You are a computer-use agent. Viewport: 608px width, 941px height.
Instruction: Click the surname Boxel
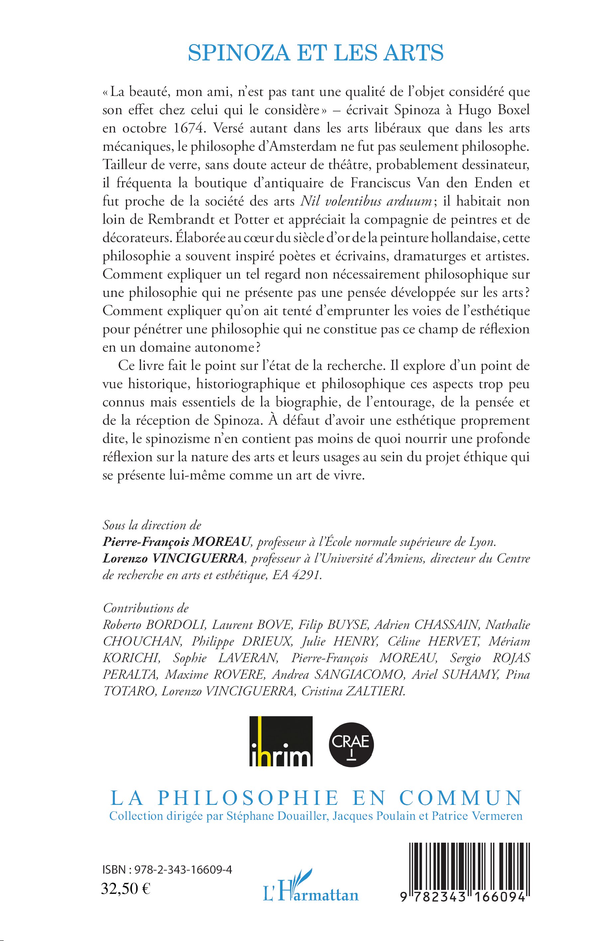click(x=512, y=110)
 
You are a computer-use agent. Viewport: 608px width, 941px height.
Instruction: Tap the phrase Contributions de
click(x=146, y=608)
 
